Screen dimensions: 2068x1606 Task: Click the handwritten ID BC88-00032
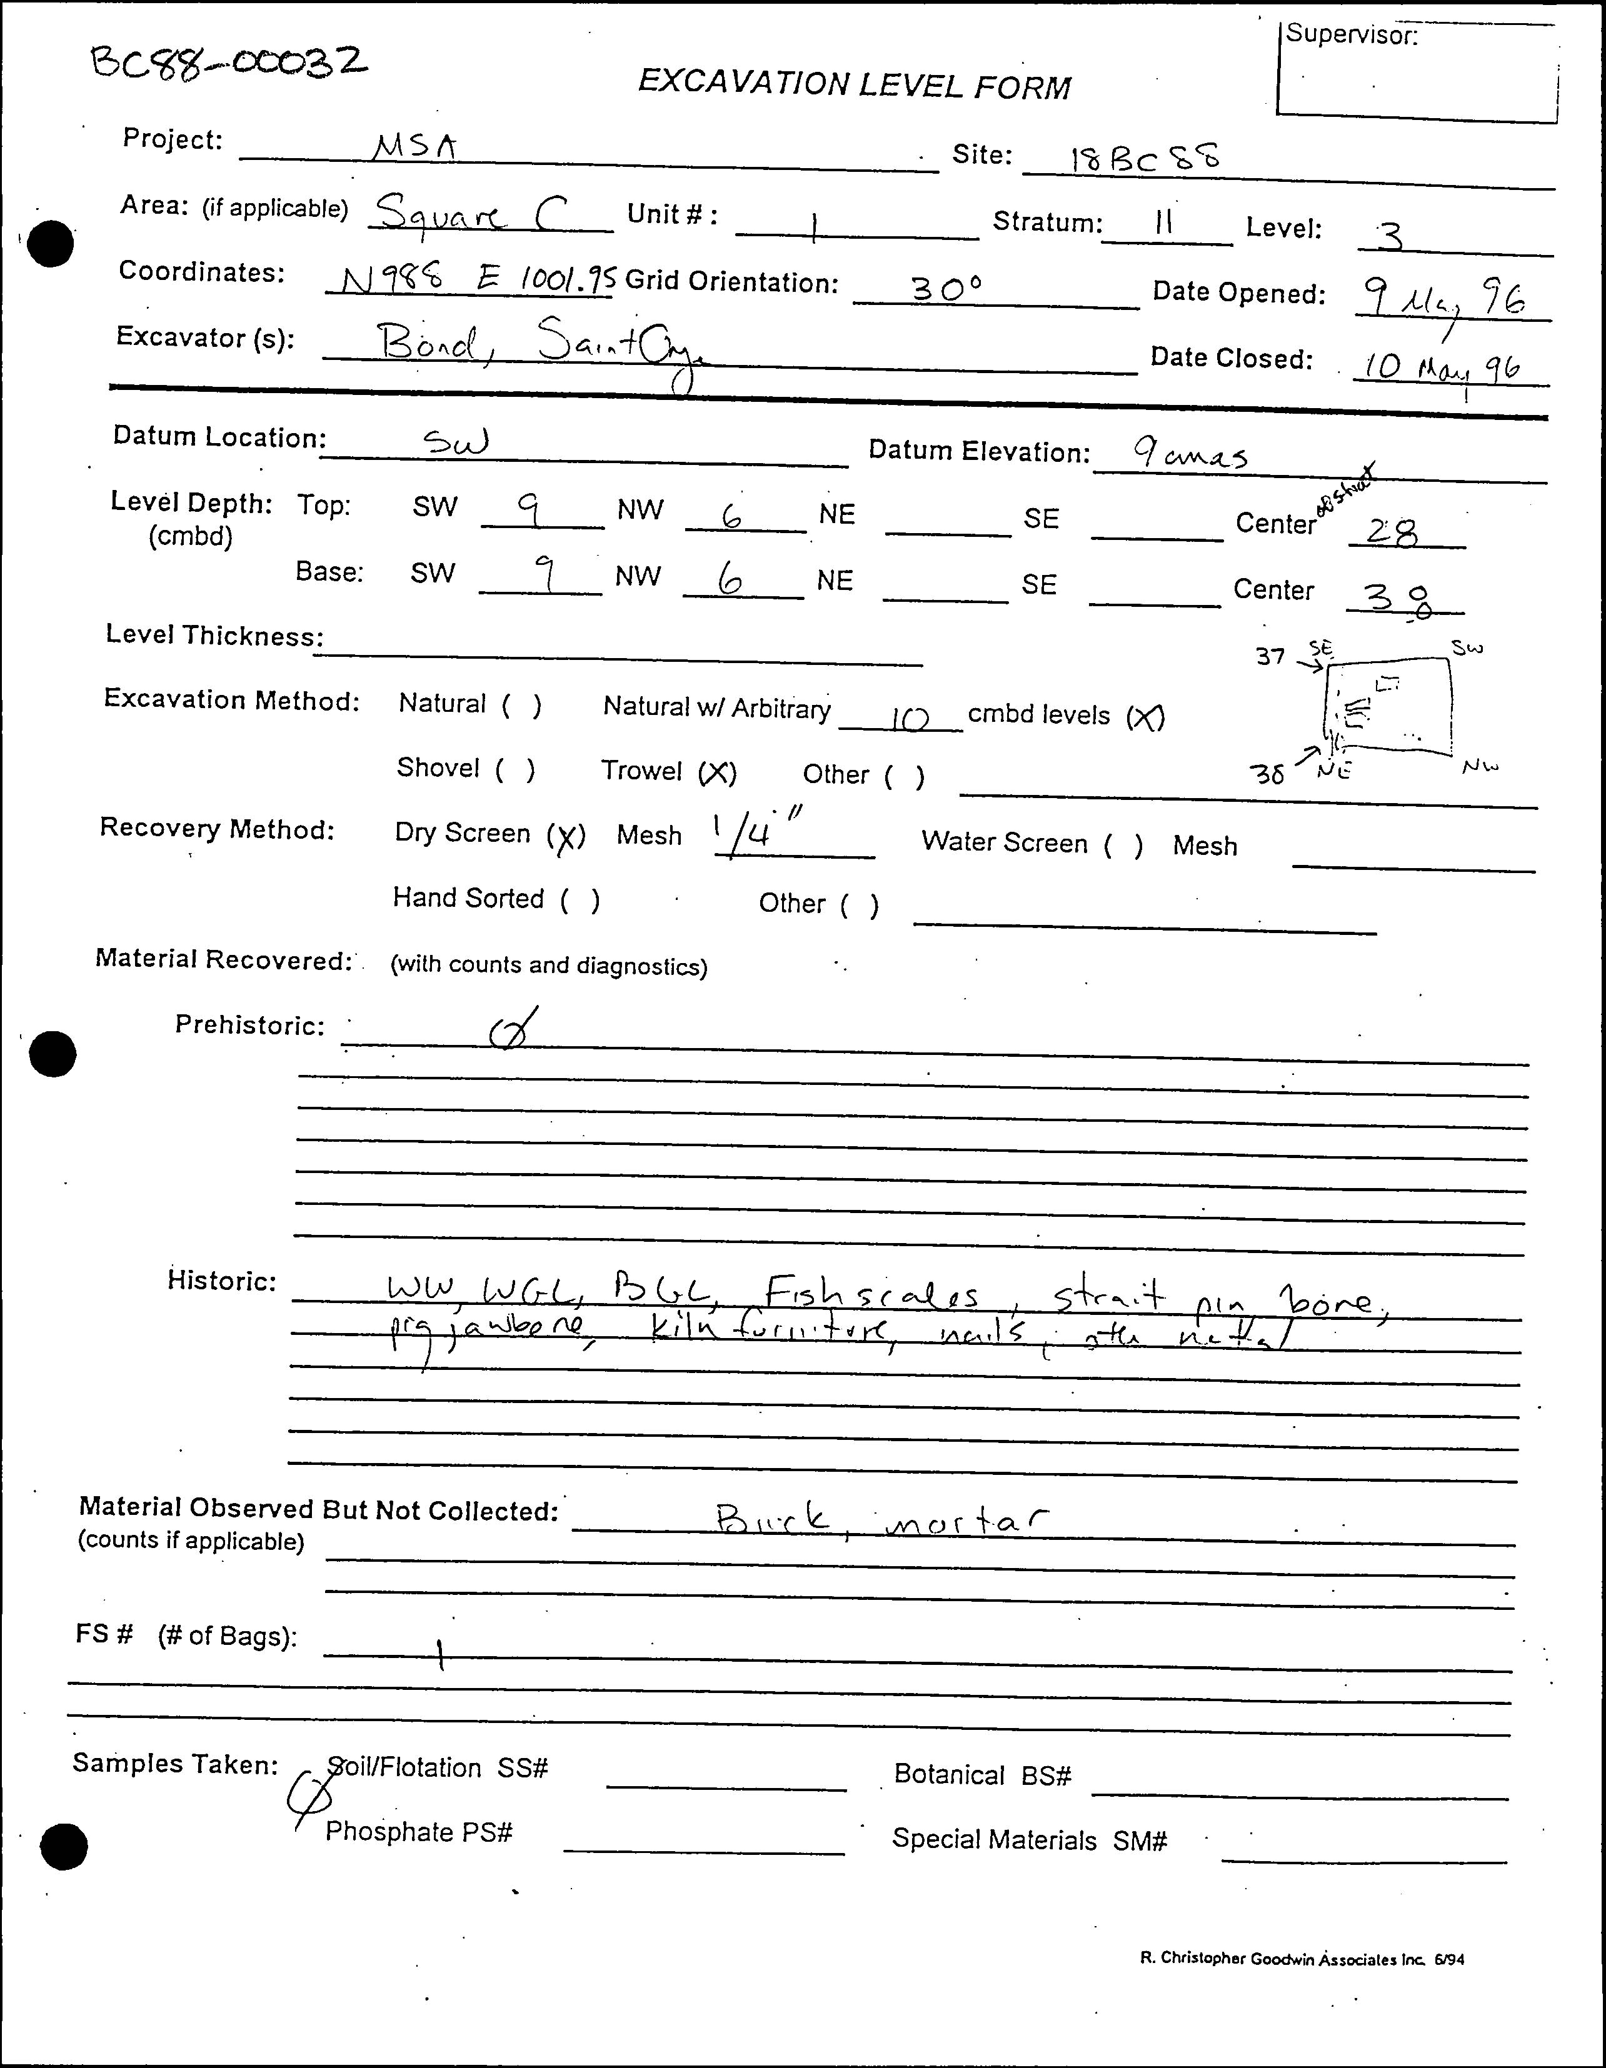pyautogui.click(x=228, y=64)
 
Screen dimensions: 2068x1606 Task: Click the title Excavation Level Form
pyautogui.click(x=853, y=84)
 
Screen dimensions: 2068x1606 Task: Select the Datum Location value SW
pyautogui.click(x=456, y=441)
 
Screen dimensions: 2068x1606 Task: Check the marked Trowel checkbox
pyautogui.click(x=717, y=772)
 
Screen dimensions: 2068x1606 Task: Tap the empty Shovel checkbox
pyautogui.click(x=515, y=768)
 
